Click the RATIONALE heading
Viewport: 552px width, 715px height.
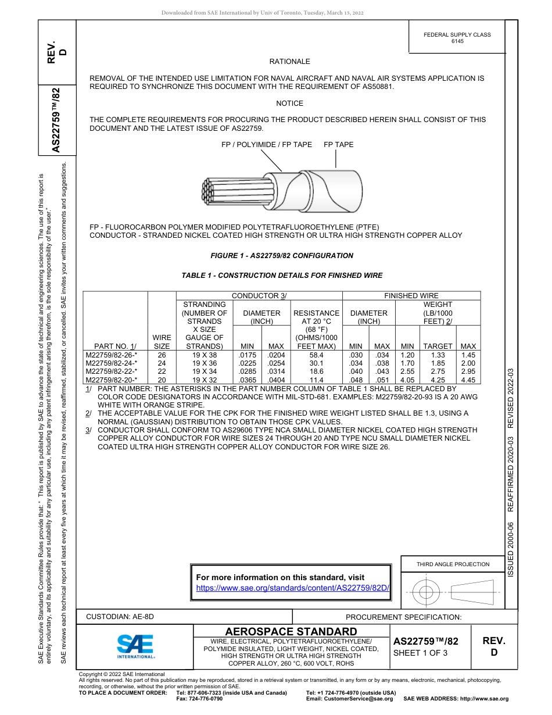click(x=289, y=62)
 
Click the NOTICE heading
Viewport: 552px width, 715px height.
click(x=289, y=103)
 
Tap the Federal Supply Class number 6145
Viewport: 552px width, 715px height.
click(x=457, y=41)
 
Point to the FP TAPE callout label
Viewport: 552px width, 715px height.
click(x=338, y=145)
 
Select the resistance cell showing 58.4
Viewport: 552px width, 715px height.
click(x=317, y=355)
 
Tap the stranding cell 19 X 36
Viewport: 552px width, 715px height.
click(x=204, y=363)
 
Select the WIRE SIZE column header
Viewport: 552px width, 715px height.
click(x=162, y=342)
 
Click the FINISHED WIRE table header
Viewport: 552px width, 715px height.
click(x=411, y=296)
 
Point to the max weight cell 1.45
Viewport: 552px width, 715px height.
click(x=468, y=355)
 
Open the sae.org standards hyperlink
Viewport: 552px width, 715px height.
click(x=292, y=588)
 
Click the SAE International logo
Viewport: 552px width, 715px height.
click(x=135, y=646)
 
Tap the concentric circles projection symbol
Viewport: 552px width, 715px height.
click(x=426, y=593)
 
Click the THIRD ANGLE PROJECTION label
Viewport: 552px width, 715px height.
click(x=453, y=564)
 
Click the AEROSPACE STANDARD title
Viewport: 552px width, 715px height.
click(x=291, y=632)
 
